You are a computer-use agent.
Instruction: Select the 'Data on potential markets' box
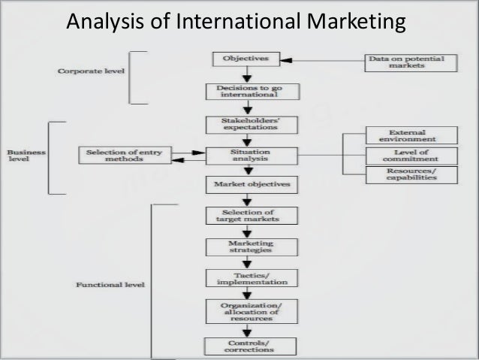[x=406, y=62]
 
